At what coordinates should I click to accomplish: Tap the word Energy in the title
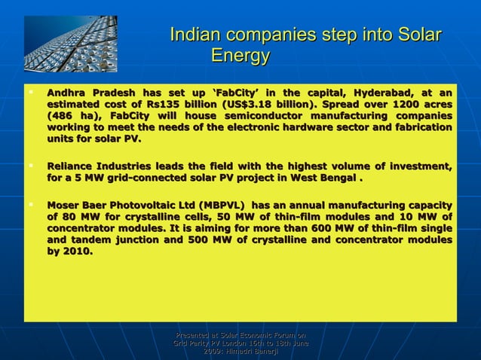[x=240, y=56]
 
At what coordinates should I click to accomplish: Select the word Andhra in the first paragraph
[x=68, y=93]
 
